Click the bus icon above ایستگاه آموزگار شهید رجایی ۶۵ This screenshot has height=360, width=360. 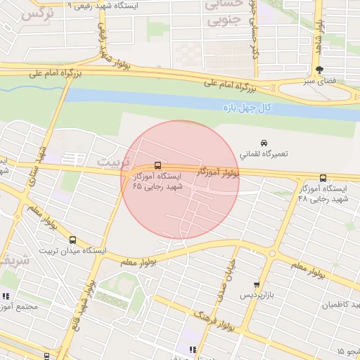(157, 165)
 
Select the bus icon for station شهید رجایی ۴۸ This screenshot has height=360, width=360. (323, 178)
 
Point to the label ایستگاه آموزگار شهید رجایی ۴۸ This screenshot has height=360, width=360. (323, 194)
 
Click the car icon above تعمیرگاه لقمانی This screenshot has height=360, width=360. (264, 141)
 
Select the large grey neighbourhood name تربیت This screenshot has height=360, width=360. (113, 162)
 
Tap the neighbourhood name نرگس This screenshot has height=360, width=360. (37, 13)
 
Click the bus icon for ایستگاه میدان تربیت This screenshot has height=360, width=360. (72, 240)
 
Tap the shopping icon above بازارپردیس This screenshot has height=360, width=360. (257, 285)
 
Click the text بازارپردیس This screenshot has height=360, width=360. (257, 296)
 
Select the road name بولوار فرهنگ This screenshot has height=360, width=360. (214, 317)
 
